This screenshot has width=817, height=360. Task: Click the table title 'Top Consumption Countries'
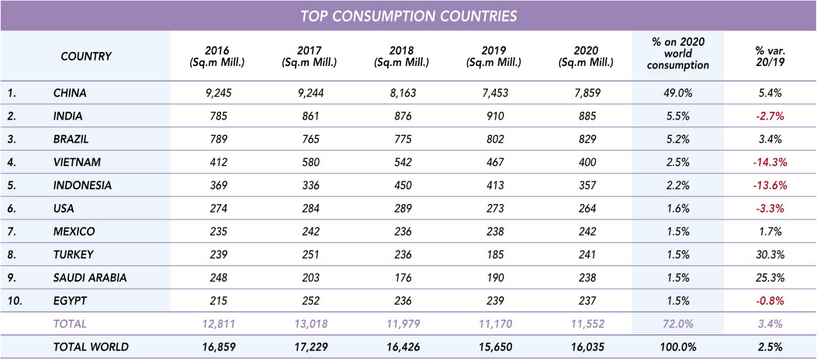pos(408,16)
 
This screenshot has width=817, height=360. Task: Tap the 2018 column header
pos(401,56)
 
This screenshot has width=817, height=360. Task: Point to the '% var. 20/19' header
pos(770,56)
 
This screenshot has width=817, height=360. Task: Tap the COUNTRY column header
pos(86,56)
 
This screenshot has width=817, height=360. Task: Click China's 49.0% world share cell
pos(678,93)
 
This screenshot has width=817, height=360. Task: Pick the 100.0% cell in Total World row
pos(678,347)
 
